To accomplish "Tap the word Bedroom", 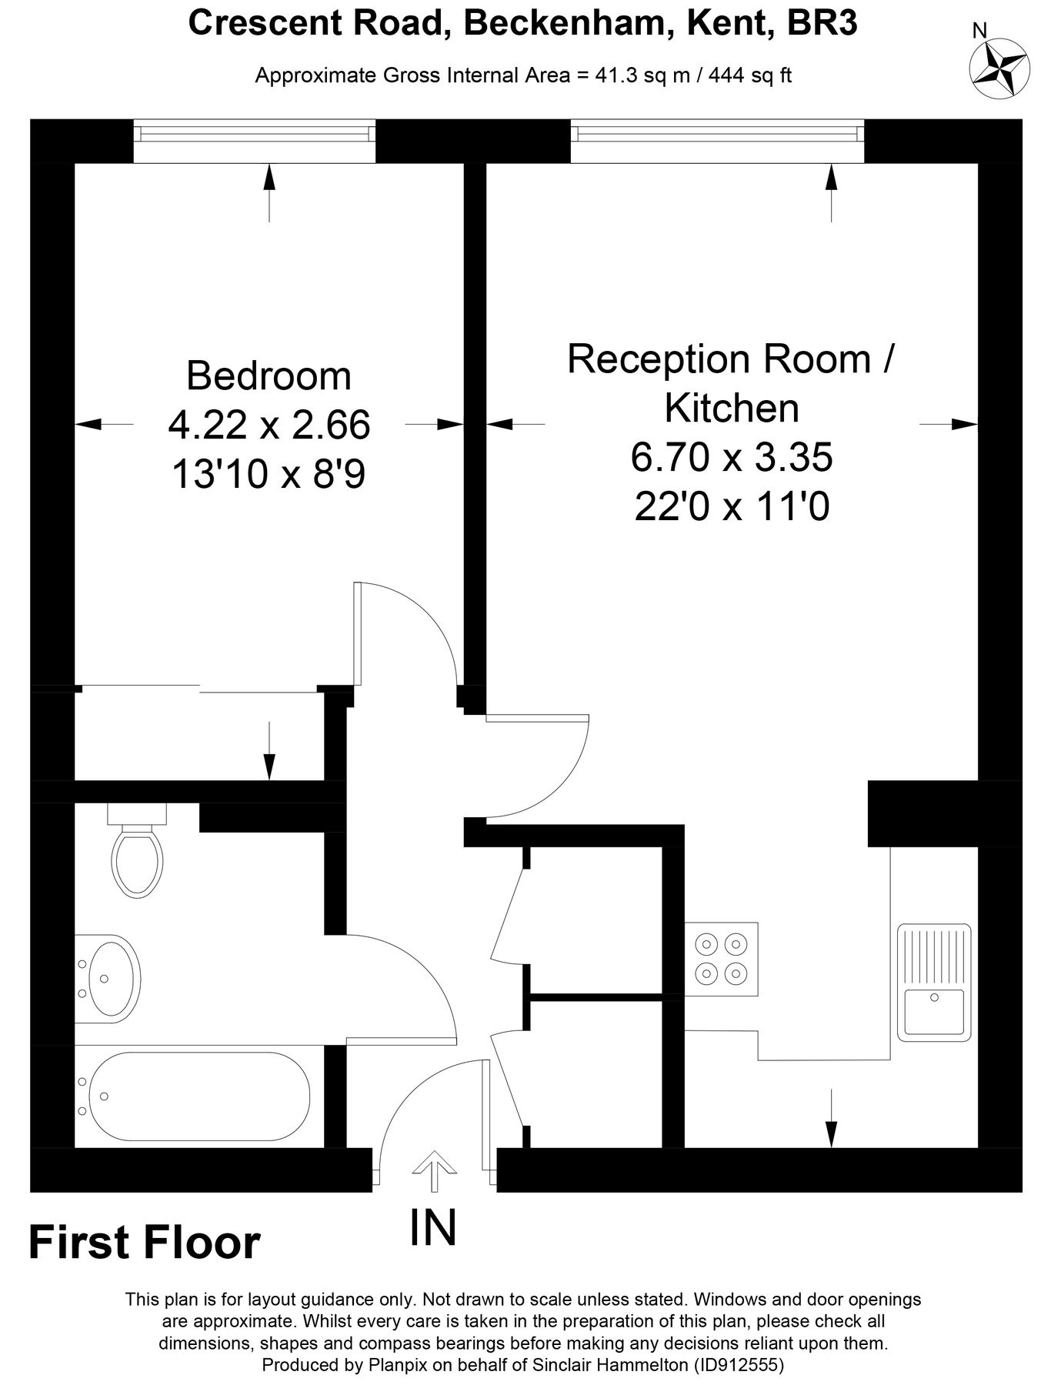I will (x=269, y=376).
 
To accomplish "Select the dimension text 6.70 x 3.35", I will (x=732, y=458).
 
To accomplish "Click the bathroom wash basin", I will (x=107, y=978).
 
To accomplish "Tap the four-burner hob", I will (x=722, y=958).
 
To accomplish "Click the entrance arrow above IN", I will (x=434, y=1170).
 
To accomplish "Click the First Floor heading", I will (x=145, y=1243).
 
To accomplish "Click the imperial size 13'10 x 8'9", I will (x=268, y=475).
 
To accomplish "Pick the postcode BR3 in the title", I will (x=822, y=24).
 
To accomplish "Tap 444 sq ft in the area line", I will (x=750, y=76).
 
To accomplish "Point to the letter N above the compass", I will (x=980, y=30).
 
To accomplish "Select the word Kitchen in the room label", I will (x=732, y=408).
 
